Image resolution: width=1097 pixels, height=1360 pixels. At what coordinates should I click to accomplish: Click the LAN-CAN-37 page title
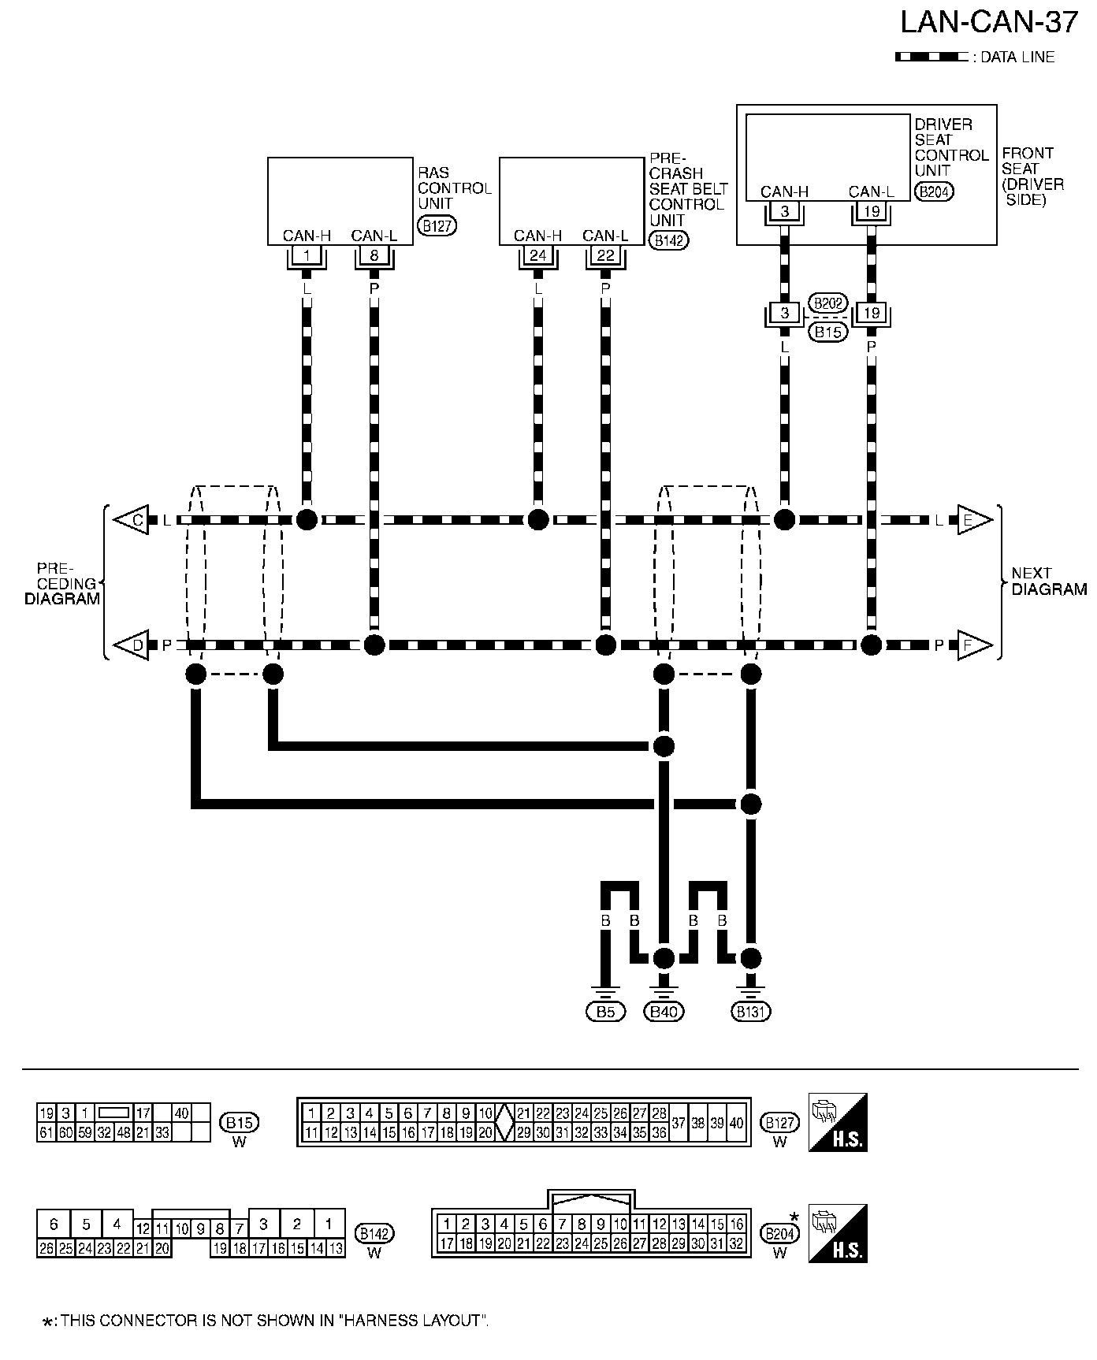coord(988,22)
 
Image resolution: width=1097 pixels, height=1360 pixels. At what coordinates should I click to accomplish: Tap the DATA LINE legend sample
coord(931,58)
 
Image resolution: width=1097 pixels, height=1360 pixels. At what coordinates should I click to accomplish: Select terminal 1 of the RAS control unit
coord(307,255)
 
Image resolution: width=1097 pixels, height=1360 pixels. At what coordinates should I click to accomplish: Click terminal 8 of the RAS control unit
coord(374,255)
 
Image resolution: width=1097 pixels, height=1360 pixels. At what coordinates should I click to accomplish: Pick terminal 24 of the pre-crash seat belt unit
coord(538,255)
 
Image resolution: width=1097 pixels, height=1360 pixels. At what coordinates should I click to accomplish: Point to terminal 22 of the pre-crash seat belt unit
coord(605,255)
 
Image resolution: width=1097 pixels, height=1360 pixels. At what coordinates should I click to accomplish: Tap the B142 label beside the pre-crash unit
coord(668,241)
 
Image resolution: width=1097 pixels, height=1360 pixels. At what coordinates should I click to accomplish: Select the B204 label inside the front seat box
coord(934,191)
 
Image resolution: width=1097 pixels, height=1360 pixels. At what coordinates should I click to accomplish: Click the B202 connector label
coord(827,303)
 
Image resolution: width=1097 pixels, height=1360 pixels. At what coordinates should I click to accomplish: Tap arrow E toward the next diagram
coord(973,520)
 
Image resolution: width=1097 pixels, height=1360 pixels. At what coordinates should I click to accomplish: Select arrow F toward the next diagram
coord(973,645)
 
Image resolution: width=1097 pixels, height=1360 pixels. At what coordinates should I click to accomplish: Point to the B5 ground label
coord(605,1012)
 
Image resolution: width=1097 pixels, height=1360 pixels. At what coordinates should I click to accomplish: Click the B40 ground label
coord(664,1012)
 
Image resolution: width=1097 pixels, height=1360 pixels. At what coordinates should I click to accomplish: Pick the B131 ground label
coord(750,1012)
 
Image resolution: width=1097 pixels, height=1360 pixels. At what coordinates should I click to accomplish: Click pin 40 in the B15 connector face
coord(182,1113)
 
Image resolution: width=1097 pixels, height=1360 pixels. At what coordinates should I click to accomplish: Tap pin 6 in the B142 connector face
coord(54,1224)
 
